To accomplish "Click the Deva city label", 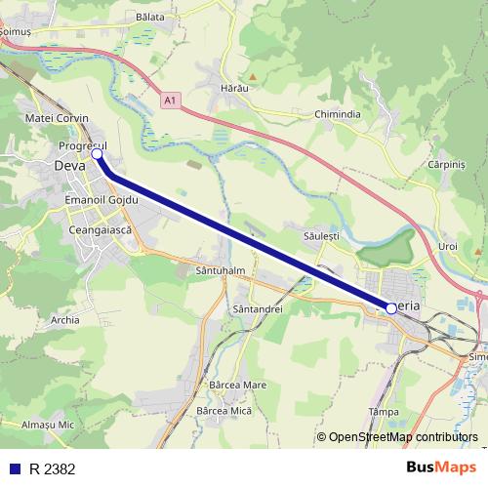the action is (69, 166).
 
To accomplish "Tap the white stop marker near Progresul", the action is (98, 154).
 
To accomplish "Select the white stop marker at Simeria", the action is (391, 307).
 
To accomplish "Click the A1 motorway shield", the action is (171, 100).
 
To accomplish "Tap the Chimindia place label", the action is (337, 114).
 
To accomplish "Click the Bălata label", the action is (151, 18).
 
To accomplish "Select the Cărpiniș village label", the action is (449, 165).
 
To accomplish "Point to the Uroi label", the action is (448, 246).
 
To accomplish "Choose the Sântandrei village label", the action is (258, 308).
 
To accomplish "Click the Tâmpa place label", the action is (380, 412).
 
